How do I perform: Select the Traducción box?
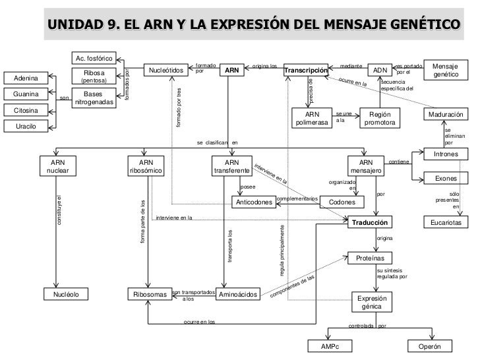click(374, 223)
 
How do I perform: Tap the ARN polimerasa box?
click(312, 119)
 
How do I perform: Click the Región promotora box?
click(380, 119)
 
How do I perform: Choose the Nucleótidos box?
click(166, 70)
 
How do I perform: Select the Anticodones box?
click(255, 202)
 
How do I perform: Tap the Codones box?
click(342, 202)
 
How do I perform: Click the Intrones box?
click(446, 154)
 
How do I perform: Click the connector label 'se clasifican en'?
click(218, 142)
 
